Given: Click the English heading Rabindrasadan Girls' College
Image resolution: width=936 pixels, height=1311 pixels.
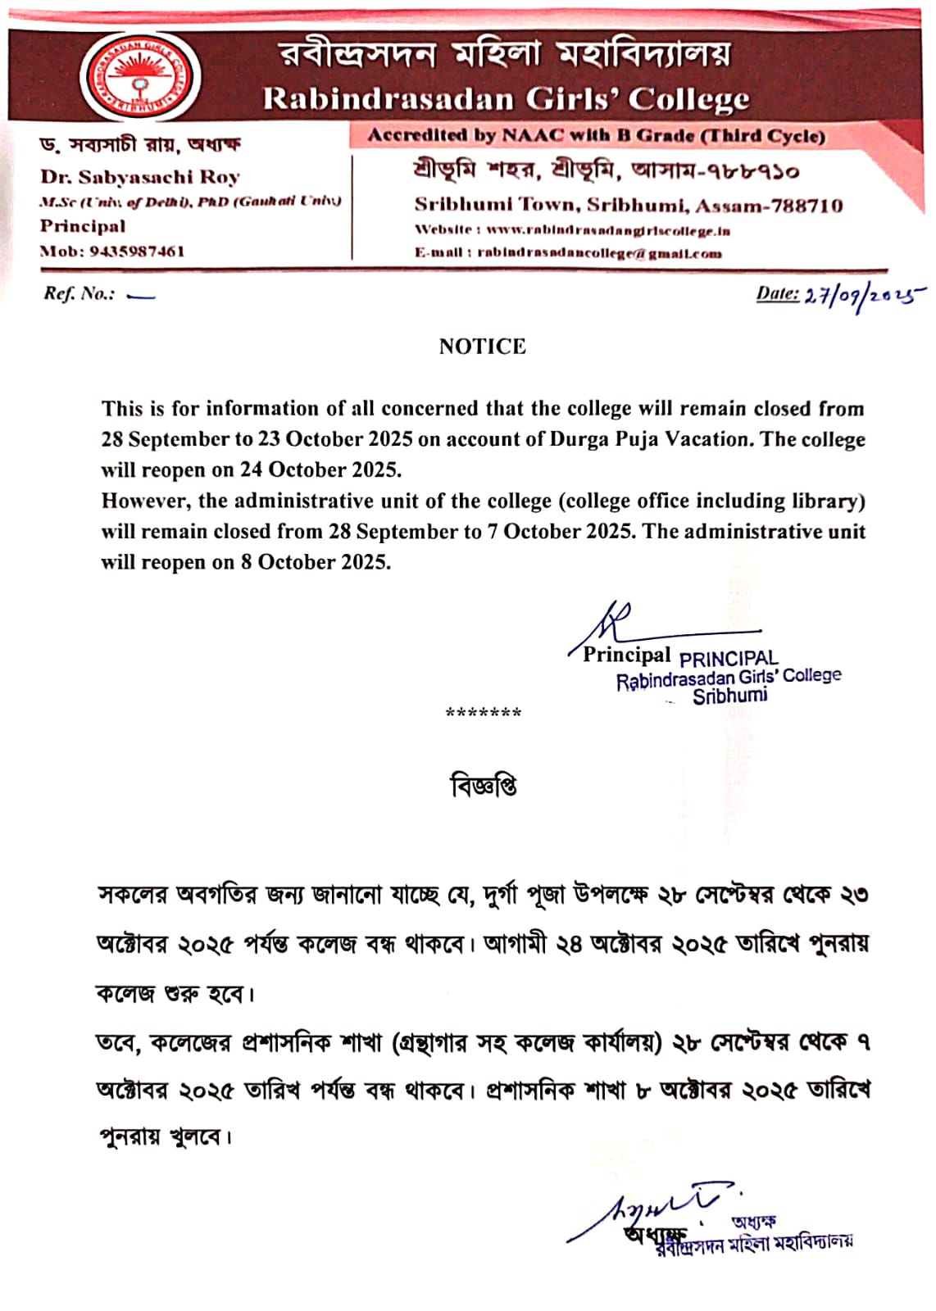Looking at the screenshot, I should coord(506,99).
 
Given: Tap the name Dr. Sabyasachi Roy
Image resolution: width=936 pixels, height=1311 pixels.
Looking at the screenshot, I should coord(140,177).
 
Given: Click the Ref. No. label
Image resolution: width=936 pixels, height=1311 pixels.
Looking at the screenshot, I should coord(80,294).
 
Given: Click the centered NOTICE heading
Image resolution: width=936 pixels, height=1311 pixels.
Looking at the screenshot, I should coord(482,347).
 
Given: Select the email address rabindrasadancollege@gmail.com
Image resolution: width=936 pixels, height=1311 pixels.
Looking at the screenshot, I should coord(599,253).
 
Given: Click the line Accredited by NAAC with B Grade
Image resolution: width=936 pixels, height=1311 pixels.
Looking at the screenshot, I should coord(596,136).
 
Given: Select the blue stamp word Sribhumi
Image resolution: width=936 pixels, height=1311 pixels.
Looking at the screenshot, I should coord(729,696).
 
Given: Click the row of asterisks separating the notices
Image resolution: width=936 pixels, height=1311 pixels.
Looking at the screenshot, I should coord(483,712).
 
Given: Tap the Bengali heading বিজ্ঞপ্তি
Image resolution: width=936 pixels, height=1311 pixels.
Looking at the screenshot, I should coord(484,786).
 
